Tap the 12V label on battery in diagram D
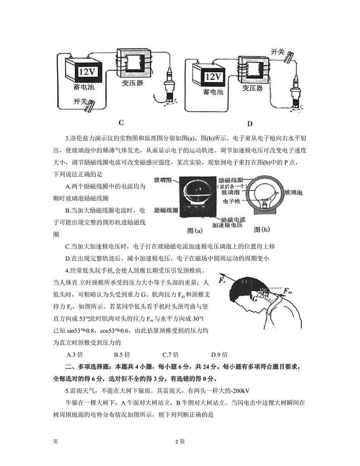[x=213, y=77]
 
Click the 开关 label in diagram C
[x=80, y=102]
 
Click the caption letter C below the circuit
[x=121, y=122]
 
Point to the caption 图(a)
[x=195, y=231]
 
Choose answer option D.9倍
[x=219, y=354]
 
